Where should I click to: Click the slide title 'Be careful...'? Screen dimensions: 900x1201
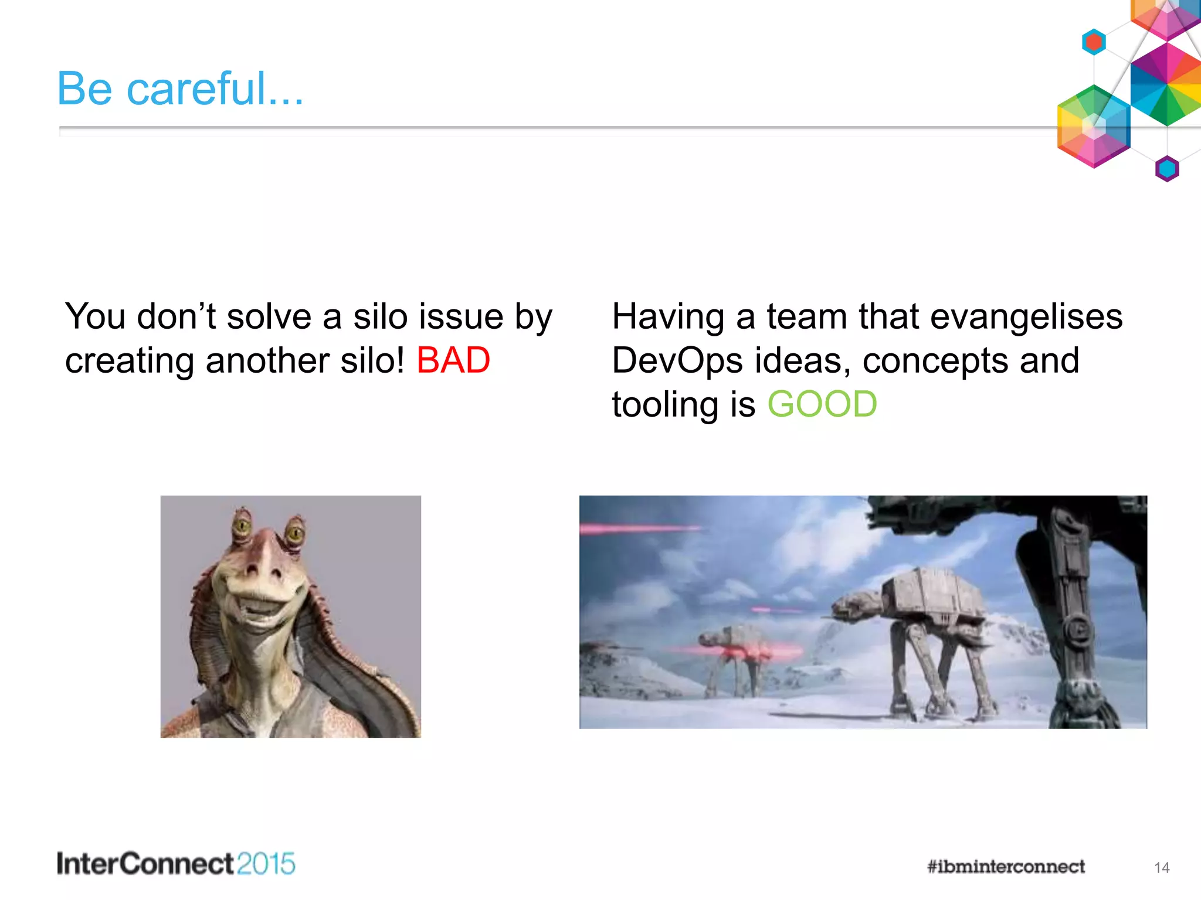[x=180, y=89]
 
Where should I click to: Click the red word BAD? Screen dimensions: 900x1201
[x=453, y=360]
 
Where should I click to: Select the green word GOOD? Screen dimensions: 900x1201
[x=822, y=405]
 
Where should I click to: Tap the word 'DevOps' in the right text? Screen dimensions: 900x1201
[x=677, y=361]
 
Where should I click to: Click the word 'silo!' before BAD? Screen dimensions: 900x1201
[x=372, y=360]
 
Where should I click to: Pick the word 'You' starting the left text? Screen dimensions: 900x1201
[x=95, y=317]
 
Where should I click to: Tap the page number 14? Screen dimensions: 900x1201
[x=1161, y=868]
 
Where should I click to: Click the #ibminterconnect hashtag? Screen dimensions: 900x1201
[x=1006, y=867]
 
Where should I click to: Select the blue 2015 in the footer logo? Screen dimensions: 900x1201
[x=266, y=864]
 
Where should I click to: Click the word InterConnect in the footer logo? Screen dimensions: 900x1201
[x=145, y=864]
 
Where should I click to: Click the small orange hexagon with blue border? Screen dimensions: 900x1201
[x=1094, y=42]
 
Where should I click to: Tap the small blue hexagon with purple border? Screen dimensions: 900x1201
[x=1167, y=169]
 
